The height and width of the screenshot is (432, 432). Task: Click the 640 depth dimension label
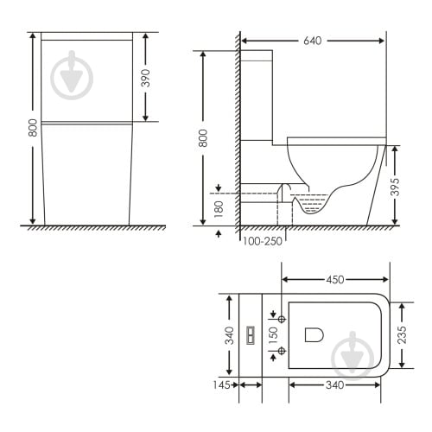(x=313, y=41)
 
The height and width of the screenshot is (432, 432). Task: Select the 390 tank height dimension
(x=146, y=78)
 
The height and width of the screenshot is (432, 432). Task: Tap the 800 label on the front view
(x=33, y=128)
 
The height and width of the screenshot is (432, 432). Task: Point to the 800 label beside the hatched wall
(x=203, y=138)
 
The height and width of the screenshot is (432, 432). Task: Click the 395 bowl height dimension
(x=395, y=187)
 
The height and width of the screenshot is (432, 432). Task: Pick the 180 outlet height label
(x=219, y=209)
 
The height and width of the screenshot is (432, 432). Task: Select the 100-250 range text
(x=262, y=241)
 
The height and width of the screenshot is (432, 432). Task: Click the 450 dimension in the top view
(x=335, y=279)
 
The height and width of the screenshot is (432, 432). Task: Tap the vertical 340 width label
(x=230, y=335)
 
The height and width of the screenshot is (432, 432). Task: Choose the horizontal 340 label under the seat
(x=335, y=385)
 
